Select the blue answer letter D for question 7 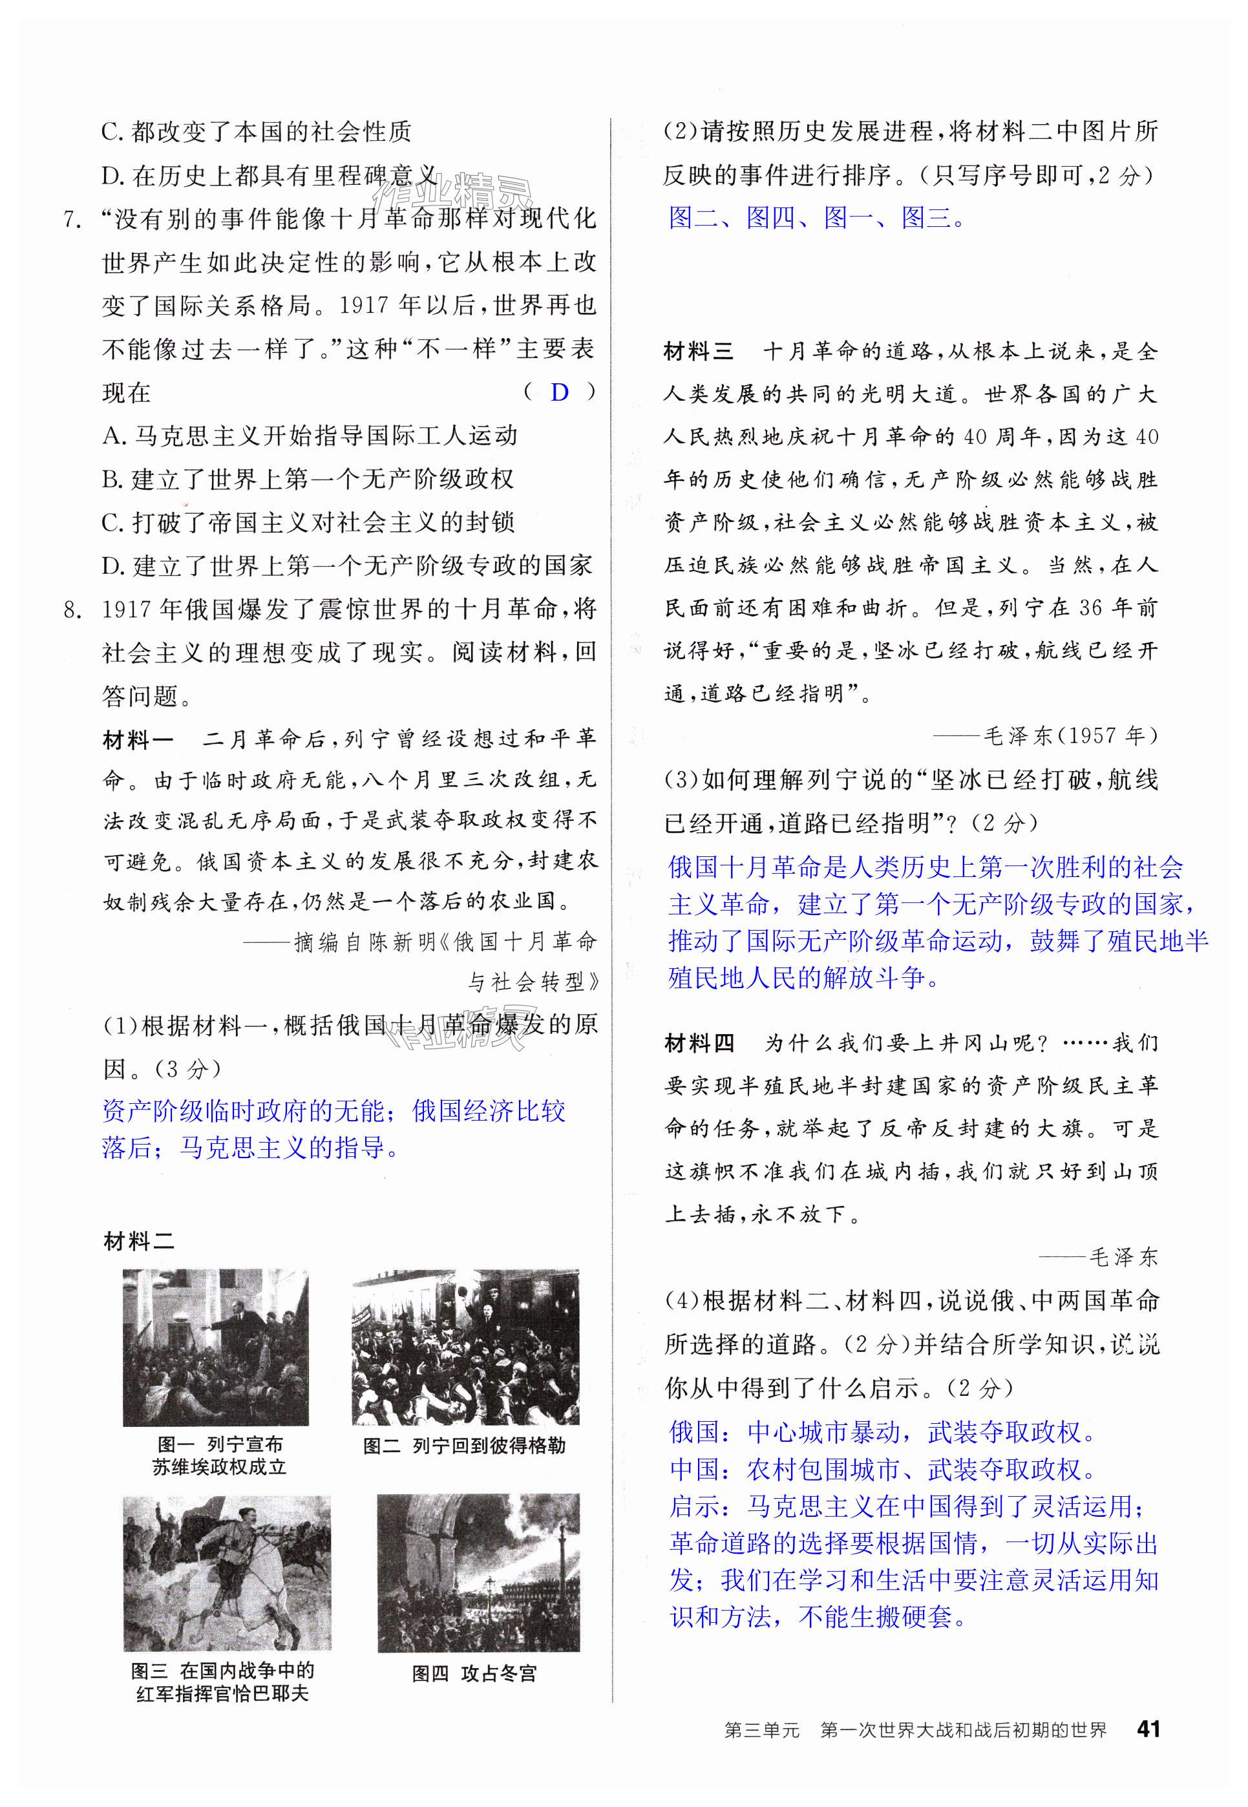point(559,392)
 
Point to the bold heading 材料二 point(139,1241)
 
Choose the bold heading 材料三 point(698,352)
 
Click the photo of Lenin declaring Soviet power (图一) point(215,1347)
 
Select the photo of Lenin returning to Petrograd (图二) point(465,1347)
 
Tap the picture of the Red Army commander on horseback point(227,1572)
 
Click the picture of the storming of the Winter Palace point(478,1572)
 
